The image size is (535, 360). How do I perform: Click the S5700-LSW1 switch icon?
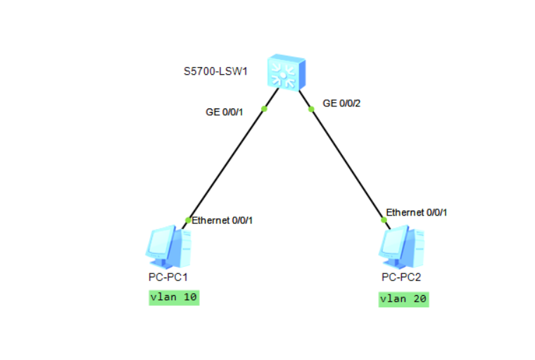(287, 73)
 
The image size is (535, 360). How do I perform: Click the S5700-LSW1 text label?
(211, 71)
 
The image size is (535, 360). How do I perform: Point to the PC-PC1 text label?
(168, 277)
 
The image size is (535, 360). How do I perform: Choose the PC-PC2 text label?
(401, 277)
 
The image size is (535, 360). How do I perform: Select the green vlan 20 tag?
(403, 299)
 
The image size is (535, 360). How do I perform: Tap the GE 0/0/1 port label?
(225, 112)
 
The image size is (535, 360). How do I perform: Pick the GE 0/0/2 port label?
(341, 103)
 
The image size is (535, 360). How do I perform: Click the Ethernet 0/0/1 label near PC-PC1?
(222, 221)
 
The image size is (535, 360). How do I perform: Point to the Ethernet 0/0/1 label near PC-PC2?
(417, 211)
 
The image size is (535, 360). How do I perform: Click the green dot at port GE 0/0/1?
(265, 108)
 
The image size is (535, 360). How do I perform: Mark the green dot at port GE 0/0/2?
(310, 109)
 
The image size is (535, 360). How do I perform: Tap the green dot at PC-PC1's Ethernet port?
(188, 221)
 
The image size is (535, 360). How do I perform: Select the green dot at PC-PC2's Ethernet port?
(384, 220)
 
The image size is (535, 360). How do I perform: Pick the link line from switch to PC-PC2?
(347, 164)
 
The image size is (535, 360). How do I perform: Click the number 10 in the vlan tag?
(189, 297)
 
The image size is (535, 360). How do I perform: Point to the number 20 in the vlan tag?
(419, 299)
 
